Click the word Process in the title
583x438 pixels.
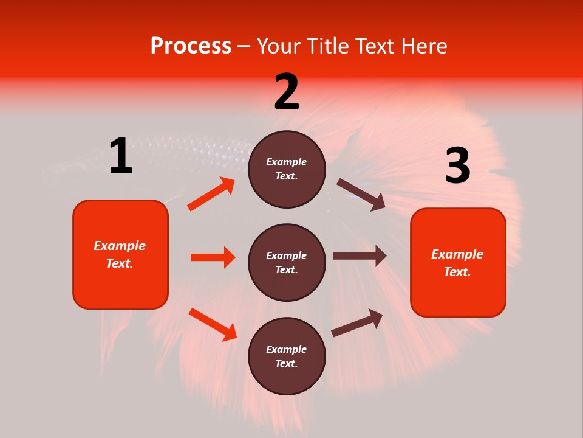coord(191,46)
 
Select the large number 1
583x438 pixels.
coord(121,156)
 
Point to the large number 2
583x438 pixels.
coord(287,92)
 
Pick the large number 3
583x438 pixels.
coord(457,166)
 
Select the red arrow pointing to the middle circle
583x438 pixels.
coord(213,257)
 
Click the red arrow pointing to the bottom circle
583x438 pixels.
coord(213,324)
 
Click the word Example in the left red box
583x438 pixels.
coord(120,246)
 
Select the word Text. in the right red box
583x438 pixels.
coord(457,272)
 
